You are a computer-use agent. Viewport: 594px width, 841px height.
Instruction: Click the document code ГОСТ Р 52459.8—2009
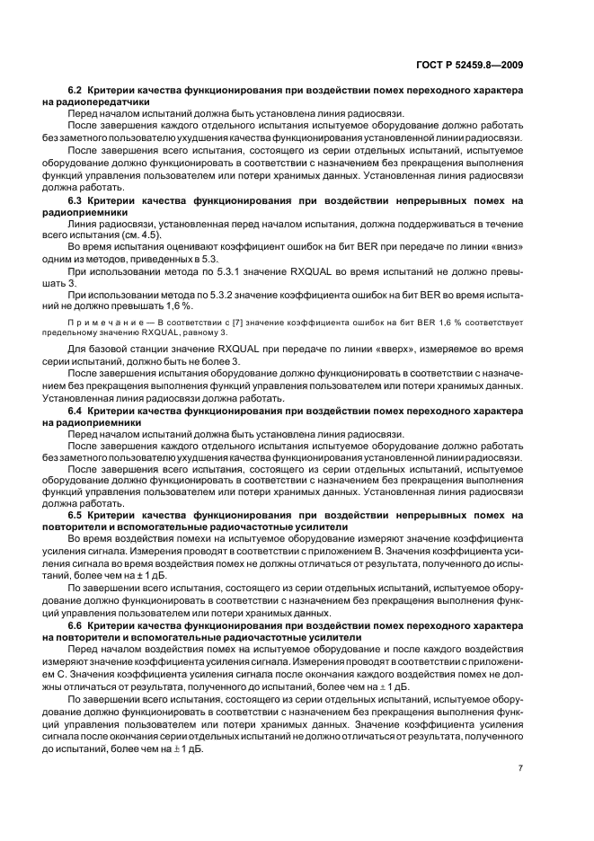(484, 65)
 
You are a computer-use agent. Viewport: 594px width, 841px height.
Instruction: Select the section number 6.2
(76, 92)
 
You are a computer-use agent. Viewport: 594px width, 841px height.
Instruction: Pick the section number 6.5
(76, 515)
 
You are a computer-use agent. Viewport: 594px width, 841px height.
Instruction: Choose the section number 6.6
(76, 624)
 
